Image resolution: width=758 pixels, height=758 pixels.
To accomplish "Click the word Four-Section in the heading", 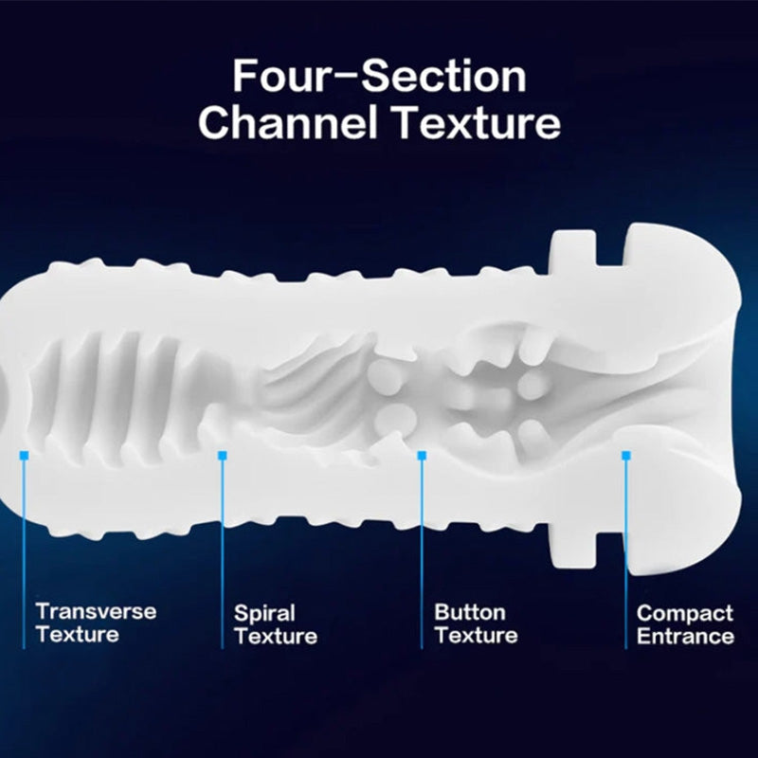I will pyautogui.click(x=379, y=76).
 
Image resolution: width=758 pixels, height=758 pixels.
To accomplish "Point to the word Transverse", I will pyautogui.click(x=96, y=611).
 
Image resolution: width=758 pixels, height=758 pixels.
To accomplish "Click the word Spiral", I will pyautogui.click(x=264, y=613).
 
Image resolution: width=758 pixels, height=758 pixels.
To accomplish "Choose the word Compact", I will pyautogui.click(x=685, y=613).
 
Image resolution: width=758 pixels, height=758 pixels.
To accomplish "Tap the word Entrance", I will pyautogui.click(x=685, y=636).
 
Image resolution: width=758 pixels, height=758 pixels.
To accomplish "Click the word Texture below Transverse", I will pyautogui.click(x=77, y=634).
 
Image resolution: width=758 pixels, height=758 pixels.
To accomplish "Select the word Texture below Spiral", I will pyautogui.click(x=276, y=636).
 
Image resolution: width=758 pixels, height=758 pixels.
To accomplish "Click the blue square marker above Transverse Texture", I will pyautogui.click(x=23, y=456).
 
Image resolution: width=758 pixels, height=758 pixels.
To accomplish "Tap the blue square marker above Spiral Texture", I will pyautogui.click(x=223, y=456).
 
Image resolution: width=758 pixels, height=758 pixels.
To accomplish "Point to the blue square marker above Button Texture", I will pyautogui.click(x=422, y=456).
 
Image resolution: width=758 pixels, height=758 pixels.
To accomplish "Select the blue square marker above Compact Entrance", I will pyautogui.click(x=625, y=456).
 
